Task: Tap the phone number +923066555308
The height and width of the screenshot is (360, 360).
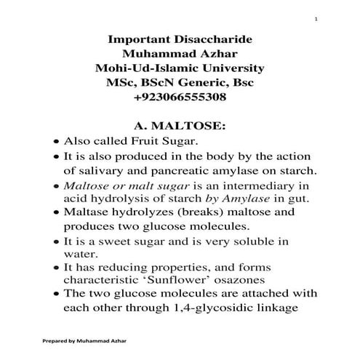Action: (180, 97)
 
